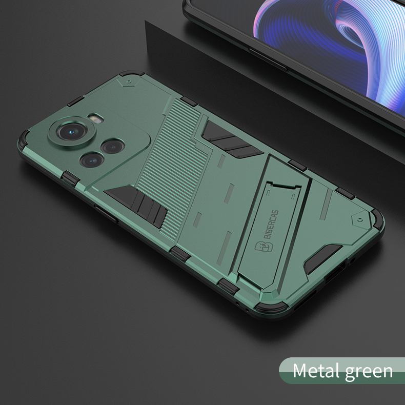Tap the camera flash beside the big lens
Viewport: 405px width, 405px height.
[x=95, y=118]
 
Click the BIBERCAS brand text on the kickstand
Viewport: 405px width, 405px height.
[x=271, y=224]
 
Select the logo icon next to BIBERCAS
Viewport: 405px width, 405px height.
[x=264, y=247]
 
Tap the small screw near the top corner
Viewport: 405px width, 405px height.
[x=128, y=82]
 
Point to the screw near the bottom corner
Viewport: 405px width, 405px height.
[x=360, y=220]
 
